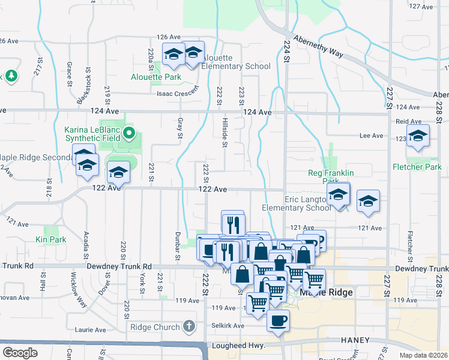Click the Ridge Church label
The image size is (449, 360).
click(x=155, y=328)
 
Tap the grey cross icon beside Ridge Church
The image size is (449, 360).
click(x=189, y=327)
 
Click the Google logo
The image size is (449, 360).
click(x=20, y=353)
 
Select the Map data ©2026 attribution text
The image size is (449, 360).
click(x=423, y=355)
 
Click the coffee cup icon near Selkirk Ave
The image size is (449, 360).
click(x=278, y=320)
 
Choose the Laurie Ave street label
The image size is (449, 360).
click(x=91, y=331)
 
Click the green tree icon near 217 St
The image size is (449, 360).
click(x=10, y=76)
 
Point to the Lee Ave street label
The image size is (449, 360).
click(x=371, y=136)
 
